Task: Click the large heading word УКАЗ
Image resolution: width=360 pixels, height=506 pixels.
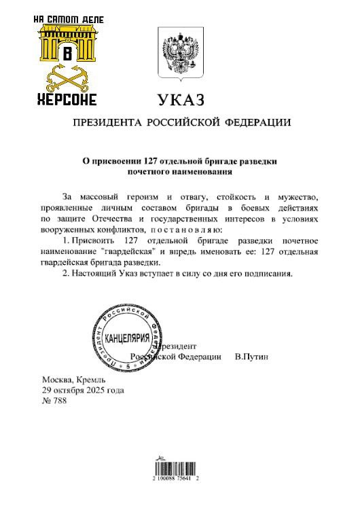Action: tap(181, 101)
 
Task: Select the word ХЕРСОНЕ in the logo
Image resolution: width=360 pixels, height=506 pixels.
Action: tap(67, 100)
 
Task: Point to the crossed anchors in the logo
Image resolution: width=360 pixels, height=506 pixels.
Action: tap(67, 80)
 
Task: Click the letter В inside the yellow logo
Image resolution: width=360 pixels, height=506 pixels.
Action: tap(67, 54)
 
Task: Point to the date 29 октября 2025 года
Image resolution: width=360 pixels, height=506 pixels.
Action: tap(83, 391)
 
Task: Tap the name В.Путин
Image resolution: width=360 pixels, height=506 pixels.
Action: tap(251, 356)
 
